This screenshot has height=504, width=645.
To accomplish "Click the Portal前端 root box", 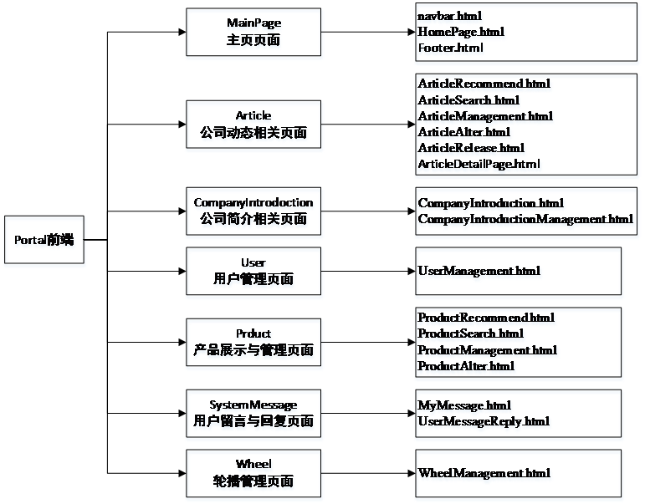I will pyautogui.click(x=44, y=241).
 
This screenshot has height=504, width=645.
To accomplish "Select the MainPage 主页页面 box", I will pyautogui.click(x=253, y=34).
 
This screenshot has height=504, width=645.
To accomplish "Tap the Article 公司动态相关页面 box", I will pyautogui.click(x=253, y=125).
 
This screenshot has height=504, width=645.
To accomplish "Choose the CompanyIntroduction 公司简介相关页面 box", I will pyautogui.click(x=253, y=211).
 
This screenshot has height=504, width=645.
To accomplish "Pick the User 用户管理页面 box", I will pyautogui.click(x=253, y=272).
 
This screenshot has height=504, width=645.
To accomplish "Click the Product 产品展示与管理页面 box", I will pyautogui.click(x=253, y=343).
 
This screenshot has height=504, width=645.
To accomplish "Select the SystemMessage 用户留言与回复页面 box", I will pyautogui.click(x=253, y=414).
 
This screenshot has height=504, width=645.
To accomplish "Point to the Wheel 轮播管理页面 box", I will pyautogui.click(x=253, y=474).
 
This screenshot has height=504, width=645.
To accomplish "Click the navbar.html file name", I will pyautogui.click(x=450, y=16).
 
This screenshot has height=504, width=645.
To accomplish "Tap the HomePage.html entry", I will pyautogui.click(x=461, y=32).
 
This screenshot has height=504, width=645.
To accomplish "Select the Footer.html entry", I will pyautogui.click(x=451, y=48).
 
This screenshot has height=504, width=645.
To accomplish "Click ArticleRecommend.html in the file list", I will pyautogui.click(x=484, y=84).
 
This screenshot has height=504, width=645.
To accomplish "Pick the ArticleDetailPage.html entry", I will pyautogui.click(x=479, y=164).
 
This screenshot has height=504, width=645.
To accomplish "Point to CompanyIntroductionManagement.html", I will pyautogui.click(x=526, y=219).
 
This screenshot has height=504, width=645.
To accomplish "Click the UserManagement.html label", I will pyautogui.click(x=479, y=272).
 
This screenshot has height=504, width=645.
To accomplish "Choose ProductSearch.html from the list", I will pyautogui.click(x=471, y=333).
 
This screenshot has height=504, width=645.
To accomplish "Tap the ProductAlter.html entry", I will pyautogui.click(x=467, y=366).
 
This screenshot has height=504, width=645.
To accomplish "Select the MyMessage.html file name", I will pyautogui.click(x=464, y=405).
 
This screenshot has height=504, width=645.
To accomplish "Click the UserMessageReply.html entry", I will pyautogui.click(x=484, y=421).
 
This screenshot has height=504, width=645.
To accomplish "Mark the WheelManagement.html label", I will pyautogui.click(x=484, y=474).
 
